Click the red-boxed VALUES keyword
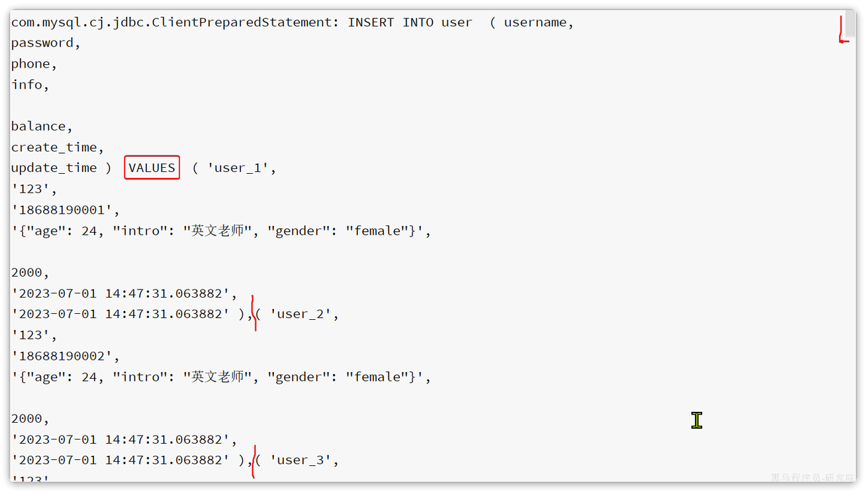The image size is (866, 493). (152, 168)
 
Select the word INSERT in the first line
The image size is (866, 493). (371, 22)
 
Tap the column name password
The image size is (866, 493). (42, 43)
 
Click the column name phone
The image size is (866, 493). (30, 64)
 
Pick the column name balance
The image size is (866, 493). (39, 126)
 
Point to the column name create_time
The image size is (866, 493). (53, 147)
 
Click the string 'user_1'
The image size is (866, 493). (237, 168)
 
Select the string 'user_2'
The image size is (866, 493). (300, 314)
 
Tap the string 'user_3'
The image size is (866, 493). (300, 460)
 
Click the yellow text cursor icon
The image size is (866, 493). (697, 420)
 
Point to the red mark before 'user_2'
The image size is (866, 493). (254, 313)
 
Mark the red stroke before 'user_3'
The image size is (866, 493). (254, 462)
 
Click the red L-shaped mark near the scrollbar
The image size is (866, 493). (841, 31)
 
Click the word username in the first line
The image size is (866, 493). (535, 22)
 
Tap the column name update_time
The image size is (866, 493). (53, 168)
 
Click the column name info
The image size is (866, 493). (26, 85)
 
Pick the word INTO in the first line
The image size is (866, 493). (418, 22)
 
